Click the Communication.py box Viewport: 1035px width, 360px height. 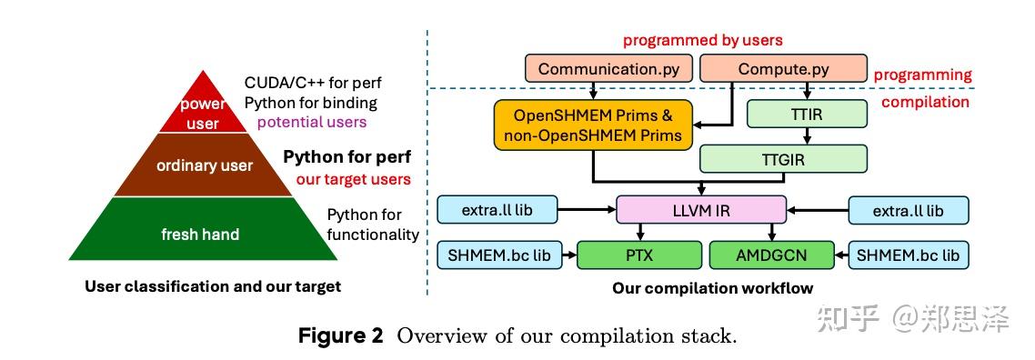click(x=609, y=68)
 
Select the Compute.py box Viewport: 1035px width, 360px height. click(x=783, y=68)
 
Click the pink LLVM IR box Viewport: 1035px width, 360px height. click(x=700, y=211)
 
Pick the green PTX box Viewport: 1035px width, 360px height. click(x=639, y=255)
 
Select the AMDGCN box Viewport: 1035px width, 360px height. click(x=771, y=255)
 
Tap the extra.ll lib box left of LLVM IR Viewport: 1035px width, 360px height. click(x=498, y=211)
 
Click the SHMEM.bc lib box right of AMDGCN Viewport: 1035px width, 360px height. click(x=908, y=255)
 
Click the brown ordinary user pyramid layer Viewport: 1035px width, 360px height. click(x=203, y=165)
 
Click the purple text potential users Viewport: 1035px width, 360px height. click(x=312, y=122)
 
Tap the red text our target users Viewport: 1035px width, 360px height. click(x=353, y=179)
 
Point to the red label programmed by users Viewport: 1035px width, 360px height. click(x=702, y=40)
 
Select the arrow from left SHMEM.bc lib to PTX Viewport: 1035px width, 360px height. click(x=567, y=255)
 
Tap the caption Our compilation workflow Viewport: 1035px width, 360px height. click(x=713, y=288)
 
